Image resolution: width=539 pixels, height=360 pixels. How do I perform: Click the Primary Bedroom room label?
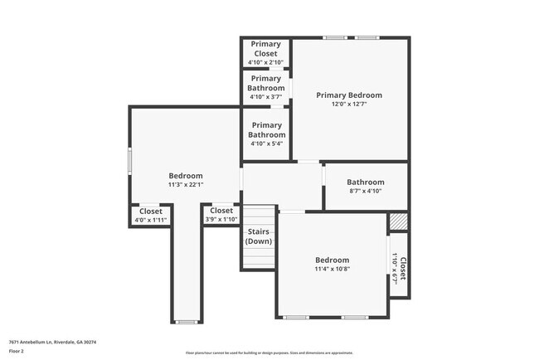[348, 95]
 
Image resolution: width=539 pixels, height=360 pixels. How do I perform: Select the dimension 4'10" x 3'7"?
[265, 97]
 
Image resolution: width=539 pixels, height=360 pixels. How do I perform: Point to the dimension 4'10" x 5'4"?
[267, 144]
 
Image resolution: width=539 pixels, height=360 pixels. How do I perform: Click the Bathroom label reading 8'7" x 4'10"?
[365, 182]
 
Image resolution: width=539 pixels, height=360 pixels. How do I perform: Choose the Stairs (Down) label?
[259, 236]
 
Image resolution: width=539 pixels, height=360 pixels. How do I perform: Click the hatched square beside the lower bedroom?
[399, 222]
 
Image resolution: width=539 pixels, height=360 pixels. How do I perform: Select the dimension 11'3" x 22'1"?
[186, 185]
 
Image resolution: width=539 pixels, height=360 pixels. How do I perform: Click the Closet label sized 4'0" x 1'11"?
[150, 211]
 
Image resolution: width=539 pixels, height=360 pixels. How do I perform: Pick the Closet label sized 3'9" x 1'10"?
[221, 211]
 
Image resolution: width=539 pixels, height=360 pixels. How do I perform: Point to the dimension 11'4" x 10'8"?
[332, 269]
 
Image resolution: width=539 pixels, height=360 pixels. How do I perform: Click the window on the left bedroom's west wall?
[129, 160]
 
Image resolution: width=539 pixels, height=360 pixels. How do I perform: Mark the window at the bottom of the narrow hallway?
[187, 322]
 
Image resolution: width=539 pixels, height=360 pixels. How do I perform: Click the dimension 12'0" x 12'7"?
[348, 105]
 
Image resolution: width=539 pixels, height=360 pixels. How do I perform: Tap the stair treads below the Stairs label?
[259, 257]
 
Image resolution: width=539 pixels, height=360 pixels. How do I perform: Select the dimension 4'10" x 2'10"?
[265, 62]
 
